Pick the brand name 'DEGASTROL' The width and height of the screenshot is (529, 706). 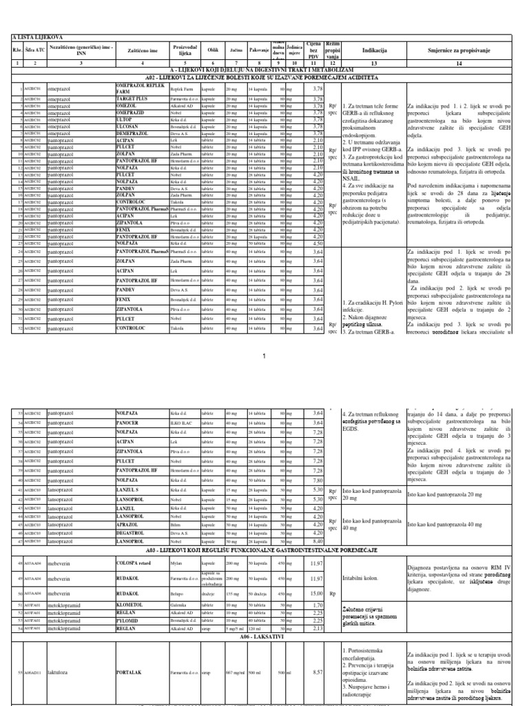tap(132, 533)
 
